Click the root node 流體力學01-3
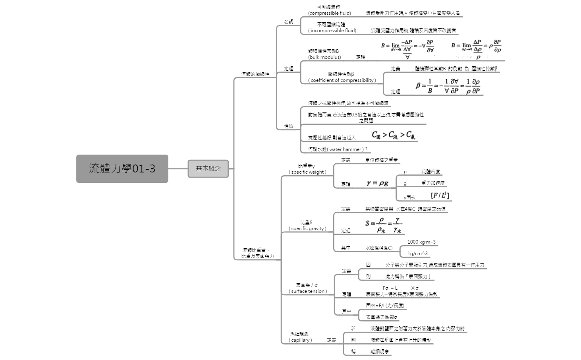tap(122, 168)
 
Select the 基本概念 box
tap(208, 168)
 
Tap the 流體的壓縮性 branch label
tap(255, 74)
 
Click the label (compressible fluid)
tap(330, 13)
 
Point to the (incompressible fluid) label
tap(332, 31)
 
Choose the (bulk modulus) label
tap(324, 57)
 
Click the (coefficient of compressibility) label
tap(342, 80)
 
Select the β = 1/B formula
tap(448, 86)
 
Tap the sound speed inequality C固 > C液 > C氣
tap(394, 135)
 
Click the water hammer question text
tap(338, 149)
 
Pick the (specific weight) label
tap(307, 172)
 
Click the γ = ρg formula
tap(377, 183)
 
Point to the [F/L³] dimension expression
tap(440, 195)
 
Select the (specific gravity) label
tap(307, 228)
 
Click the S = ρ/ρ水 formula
tap(384, 225)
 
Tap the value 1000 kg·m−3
tap(421, 242)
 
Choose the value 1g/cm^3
tap(417, 254)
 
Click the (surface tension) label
tap(308, 291)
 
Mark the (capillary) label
tap(300, 340)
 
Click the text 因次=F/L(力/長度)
tap(385, 306)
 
